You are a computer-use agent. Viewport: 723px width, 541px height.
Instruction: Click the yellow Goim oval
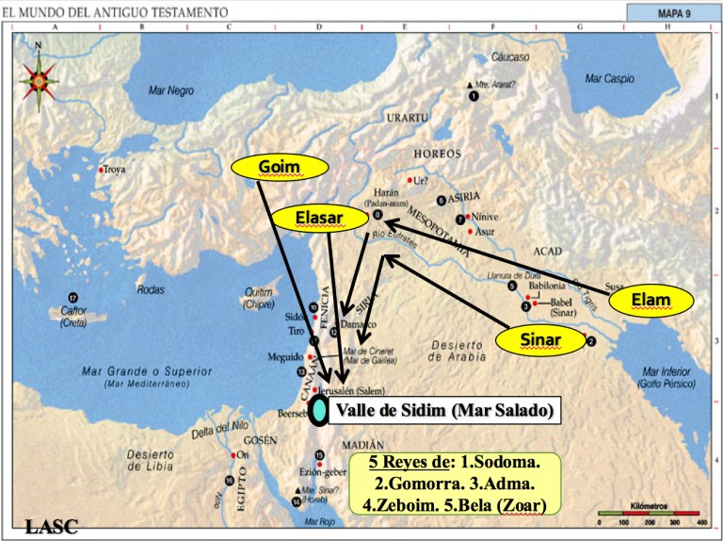coord(279,167)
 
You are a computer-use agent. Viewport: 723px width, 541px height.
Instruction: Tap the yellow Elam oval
coord(651,301)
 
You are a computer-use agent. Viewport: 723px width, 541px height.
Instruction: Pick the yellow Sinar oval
coord(540,339)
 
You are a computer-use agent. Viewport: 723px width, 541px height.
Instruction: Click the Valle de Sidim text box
coord(442,410)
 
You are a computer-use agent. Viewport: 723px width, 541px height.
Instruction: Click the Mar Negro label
coord(171,90)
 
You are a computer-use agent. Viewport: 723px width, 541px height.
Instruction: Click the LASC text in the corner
coord(51,527)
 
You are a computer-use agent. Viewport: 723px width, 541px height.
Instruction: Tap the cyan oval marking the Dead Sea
coord(321,410)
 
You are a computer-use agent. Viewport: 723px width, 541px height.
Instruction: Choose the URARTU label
coord(407,118)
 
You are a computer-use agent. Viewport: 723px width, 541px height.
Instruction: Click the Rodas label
coord(152,289)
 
